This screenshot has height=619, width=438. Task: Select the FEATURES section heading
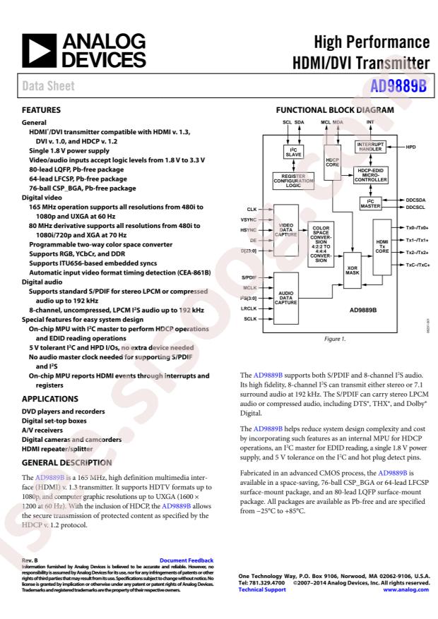(42, 111)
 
